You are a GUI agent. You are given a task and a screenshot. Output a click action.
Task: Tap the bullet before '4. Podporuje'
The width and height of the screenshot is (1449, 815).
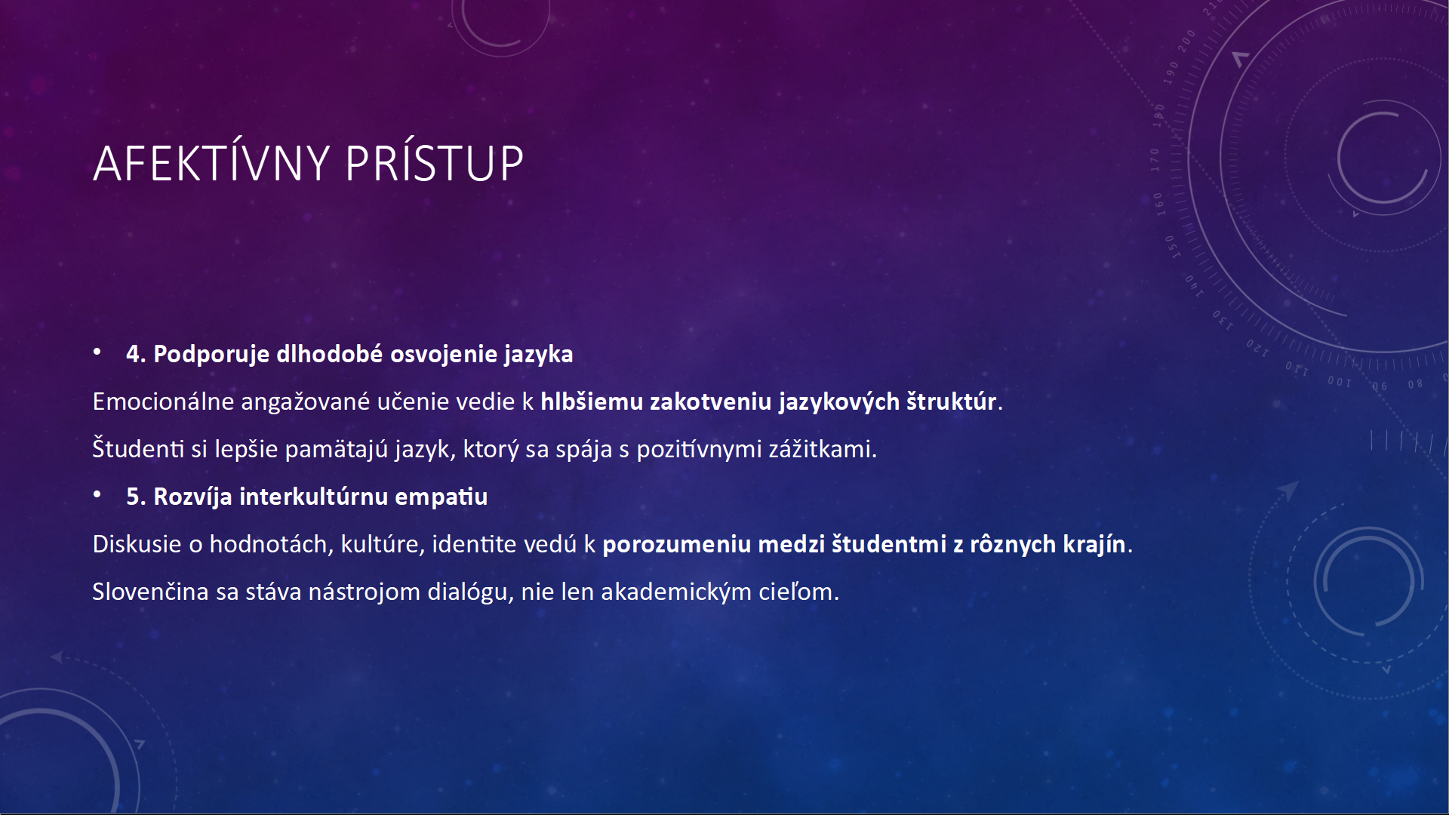click(x=97, y=352)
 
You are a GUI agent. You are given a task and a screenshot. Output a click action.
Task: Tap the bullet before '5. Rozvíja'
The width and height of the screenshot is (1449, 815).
click(x=97, y=495)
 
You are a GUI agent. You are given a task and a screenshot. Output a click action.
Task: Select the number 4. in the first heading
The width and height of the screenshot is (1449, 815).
click(x=136, y=354)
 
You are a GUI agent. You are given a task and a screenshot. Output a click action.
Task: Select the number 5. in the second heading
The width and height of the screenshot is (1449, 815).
click(x=136, y=497)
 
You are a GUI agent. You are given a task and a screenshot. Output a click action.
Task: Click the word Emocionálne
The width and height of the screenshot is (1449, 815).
click(x=163, y=401)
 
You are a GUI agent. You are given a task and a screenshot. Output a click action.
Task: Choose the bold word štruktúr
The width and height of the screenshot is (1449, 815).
click(x=952, y=401)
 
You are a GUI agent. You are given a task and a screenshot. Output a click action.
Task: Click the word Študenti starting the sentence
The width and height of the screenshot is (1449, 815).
click(x=138, y=449)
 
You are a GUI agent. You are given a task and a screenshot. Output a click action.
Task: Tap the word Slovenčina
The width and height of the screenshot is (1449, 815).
click(x=151, y=592)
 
